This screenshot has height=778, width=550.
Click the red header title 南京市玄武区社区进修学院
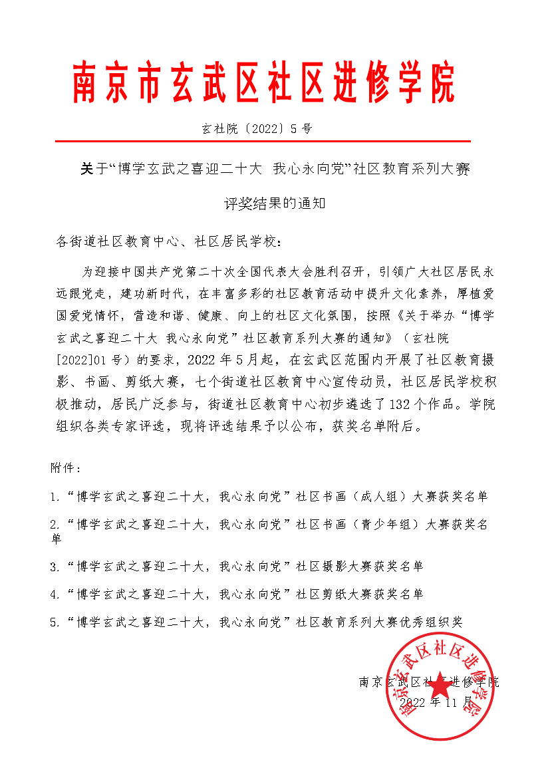click(264, 83)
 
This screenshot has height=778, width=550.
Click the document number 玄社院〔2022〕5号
click(256, 129)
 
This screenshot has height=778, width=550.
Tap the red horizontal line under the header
click(263, 142)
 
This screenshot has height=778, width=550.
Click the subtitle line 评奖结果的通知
click(274, 203)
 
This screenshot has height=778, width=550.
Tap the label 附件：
click(66, 467)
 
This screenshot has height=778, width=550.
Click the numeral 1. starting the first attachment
click(55, 496)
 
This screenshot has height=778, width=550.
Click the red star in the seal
click(443, 685)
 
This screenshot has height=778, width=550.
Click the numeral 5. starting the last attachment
click(55, 622)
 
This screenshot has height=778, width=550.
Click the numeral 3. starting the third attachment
click(55, 567)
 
